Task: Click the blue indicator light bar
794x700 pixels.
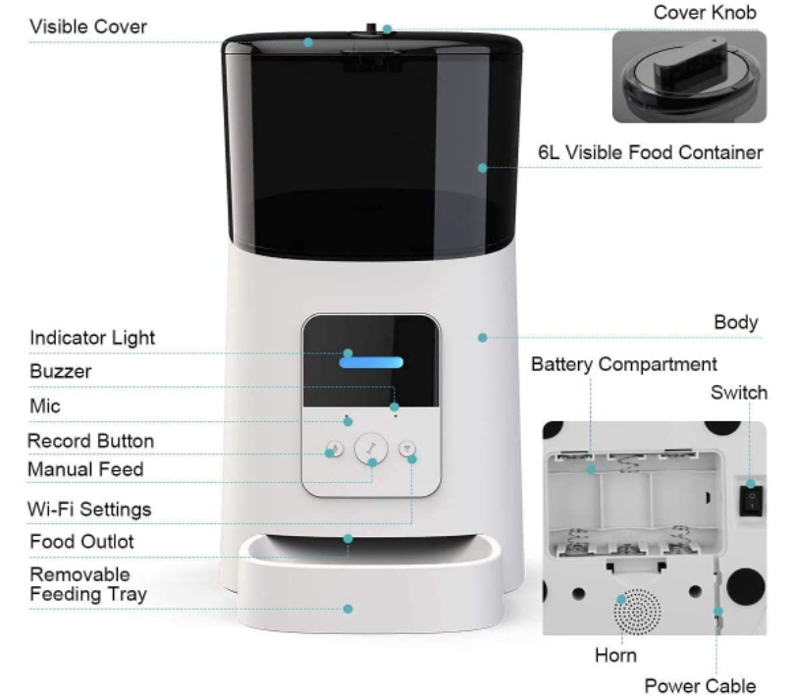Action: click(371, 362)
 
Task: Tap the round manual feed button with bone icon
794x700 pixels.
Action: click(371, 449)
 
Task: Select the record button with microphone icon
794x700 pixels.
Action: click(335, 449)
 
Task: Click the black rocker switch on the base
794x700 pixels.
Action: click(751, 501)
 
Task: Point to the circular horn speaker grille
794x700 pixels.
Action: click(637, 611)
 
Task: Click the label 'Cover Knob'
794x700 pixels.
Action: click(705, 12)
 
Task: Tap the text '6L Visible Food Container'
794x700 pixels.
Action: click(650, 152)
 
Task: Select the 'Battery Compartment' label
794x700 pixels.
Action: click(624, 364)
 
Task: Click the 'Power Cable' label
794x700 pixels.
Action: click(700, 686)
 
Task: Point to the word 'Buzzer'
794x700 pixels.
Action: click(60, 371)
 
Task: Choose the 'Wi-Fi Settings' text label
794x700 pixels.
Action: click(89, 509)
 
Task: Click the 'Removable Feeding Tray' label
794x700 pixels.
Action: click(88, 584)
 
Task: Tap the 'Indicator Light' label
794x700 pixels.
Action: click(92, 338)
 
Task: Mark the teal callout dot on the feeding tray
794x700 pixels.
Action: click(347, 609)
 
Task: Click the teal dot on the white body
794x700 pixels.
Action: click(483, 338)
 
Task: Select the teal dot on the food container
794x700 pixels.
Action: click(483, 168)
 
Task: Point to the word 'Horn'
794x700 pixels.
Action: click(615, 655)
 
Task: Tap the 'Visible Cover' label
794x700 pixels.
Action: click(88, 27)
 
